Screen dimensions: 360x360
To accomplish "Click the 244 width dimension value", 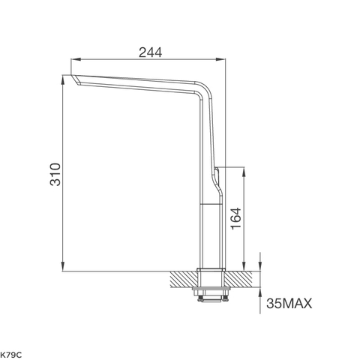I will pyautogui.click(x=151, y=52).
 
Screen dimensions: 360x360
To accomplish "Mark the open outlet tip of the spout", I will pyautogui.click(x=74, y=79).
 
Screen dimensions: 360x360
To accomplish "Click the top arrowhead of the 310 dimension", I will pyautogui.click(x=63, y=76).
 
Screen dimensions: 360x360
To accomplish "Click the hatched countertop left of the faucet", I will pyautogui.click(x=182, y=278).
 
